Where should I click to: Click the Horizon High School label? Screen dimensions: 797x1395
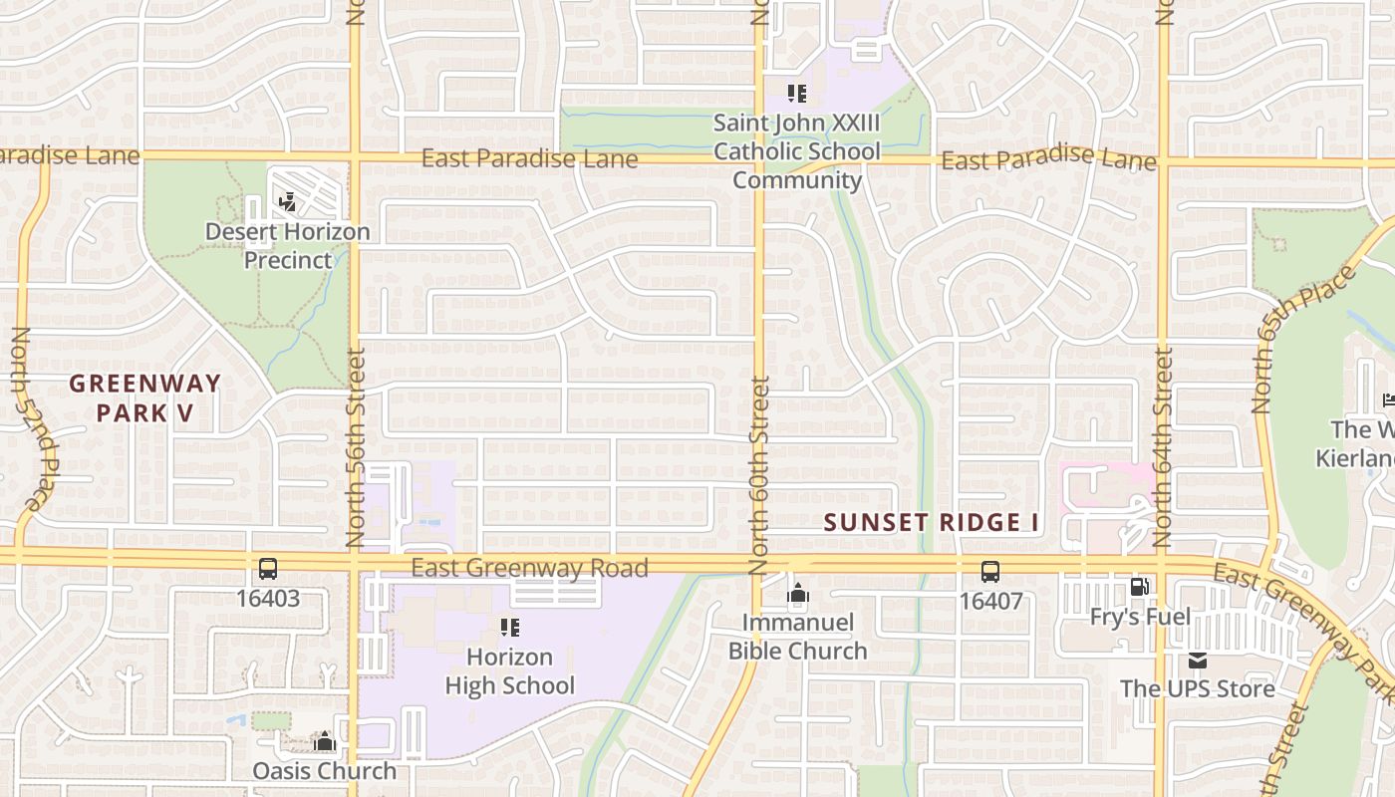point(510,671)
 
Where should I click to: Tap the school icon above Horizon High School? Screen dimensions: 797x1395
point(510,628)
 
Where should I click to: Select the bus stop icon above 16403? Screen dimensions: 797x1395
point(268,570)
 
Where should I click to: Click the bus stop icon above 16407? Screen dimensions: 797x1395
point(989,572)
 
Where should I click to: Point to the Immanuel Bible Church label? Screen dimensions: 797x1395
point(797,638)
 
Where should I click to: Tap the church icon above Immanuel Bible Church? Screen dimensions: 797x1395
point(797,595)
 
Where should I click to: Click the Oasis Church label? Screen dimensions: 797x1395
point(324,771)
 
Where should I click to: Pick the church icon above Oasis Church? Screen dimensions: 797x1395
point(324,742)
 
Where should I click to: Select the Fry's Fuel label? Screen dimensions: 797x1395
point(1140,617)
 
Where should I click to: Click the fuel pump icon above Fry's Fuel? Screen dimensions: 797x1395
point(1139,588)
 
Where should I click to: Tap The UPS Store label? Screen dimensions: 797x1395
point(1197,688)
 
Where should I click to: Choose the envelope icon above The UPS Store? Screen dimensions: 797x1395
point(1197,661)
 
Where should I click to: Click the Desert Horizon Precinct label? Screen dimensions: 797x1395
point(287,246)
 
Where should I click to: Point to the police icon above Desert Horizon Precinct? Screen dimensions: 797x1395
point(288,203)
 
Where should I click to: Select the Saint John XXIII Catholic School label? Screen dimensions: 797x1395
point(796,151)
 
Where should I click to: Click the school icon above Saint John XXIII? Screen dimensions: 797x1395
point(796,94)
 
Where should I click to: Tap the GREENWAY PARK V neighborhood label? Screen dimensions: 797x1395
point(144,398)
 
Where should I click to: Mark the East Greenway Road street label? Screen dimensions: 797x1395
point(529,568)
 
